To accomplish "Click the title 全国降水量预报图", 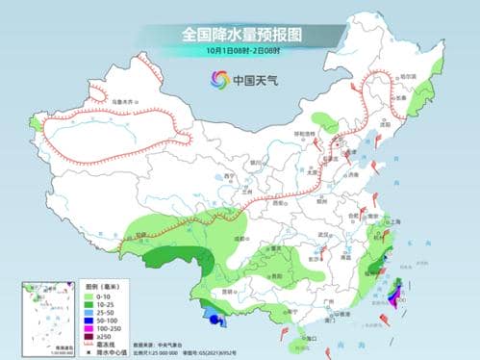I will click(240, 34).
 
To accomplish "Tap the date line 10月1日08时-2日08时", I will click(240, 51).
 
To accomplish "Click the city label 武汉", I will click(335, 235).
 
